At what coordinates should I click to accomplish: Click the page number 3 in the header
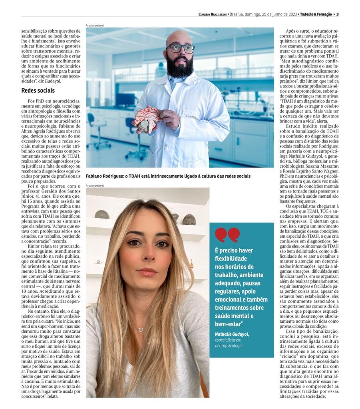[338, 14]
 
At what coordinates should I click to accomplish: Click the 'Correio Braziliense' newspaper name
[212, 14]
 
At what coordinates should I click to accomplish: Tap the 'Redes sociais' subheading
[38, 91]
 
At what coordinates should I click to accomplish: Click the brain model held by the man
[146, 118]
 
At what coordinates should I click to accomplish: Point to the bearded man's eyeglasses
[180, 48]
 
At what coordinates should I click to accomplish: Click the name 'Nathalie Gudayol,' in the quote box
[232, 334]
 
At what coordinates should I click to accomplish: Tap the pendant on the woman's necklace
[141, 330]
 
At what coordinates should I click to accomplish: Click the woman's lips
[147, 272]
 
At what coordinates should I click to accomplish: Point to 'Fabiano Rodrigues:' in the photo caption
[105, 176]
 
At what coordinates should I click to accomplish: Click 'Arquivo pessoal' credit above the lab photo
[95, 26]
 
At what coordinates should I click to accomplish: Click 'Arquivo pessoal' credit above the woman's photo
[95, 186]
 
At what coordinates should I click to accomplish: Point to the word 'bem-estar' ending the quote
[228, 324]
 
